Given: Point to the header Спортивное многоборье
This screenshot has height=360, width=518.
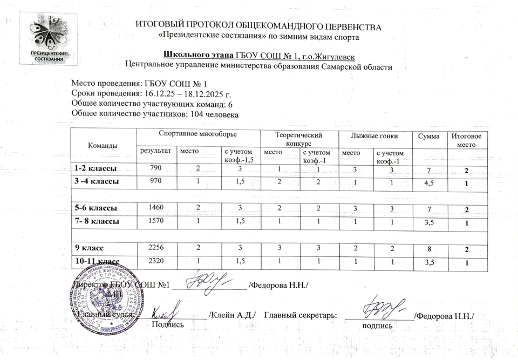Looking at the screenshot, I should point(198,133).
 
